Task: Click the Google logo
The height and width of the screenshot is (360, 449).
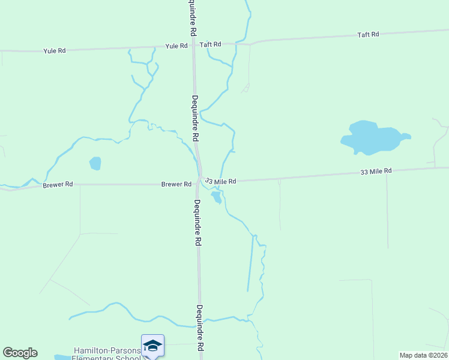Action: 20,353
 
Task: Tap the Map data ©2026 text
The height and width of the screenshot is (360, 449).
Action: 423,355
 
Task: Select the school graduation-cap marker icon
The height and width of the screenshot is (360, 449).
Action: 152,346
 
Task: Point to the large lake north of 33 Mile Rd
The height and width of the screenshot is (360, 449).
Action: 372,138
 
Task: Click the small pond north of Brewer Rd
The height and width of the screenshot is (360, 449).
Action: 95,163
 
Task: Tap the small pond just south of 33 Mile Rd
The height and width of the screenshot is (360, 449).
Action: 216,197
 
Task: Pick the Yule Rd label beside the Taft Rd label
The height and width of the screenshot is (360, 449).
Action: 176,46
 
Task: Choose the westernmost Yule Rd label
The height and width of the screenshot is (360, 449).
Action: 55,51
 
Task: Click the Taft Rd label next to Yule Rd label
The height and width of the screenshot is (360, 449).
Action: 210,44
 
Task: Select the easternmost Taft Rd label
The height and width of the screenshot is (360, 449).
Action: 368,35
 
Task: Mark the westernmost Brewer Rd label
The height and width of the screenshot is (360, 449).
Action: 58,185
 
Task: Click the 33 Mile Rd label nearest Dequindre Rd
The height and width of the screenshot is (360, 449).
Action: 220,181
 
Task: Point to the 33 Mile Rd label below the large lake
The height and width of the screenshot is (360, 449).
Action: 376,172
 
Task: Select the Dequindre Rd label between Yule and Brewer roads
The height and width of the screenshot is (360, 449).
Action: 195,118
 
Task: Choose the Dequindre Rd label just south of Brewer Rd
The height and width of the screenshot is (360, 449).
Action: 197,223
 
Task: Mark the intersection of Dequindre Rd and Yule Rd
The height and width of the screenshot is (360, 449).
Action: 193,46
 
